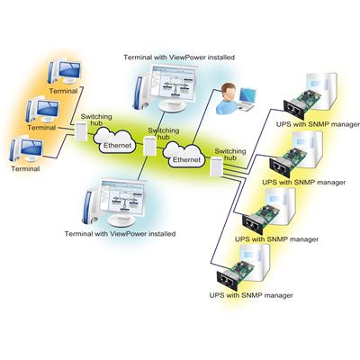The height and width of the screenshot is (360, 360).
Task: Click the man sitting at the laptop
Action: click(227, 98)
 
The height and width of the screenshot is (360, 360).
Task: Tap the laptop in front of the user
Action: click(247, 100)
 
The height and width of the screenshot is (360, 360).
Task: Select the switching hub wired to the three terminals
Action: click(81, 131)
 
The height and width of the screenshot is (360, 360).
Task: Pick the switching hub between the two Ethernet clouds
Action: click(149, 146)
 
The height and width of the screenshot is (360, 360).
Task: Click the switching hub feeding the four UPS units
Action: click(217, 166)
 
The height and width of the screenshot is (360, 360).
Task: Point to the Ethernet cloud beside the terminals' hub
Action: click(115, 140)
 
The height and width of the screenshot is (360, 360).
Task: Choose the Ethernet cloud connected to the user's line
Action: click(184, 155)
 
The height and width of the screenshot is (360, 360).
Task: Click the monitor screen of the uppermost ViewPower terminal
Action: click(174, 83)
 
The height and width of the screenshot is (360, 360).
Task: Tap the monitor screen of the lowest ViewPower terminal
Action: click(123, 197)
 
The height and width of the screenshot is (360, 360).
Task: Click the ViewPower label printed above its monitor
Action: click(179, 57)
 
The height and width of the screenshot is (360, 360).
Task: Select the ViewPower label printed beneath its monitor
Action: click(120, 233)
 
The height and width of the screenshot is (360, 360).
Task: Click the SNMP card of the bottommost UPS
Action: click(235, 274)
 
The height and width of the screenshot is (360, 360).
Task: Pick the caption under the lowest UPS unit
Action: click(251, 295)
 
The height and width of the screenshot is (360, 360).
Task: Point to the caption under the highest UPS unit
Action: click(318, 124)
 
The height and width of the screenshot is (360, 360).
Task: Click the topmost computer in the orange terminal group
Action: click(65, 72)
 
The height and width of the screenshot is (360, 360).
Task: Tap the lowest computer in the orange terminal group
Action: click(26, 149)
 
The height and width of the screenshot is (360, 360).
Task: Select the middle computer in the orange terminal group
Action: click(42, 110)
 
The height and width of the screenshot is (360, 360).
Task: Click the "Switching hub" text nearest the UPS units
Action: click(230, 155)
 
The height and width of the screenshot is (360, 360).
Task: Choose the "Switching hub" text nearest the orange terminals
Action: click(96, 120)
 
